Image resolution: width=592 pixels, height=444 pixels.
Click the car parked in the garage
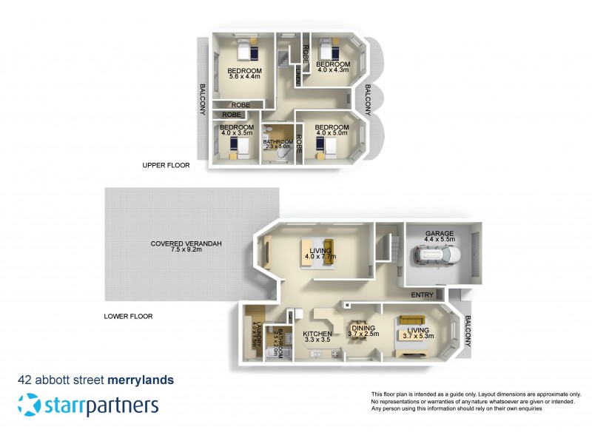click(437, 257)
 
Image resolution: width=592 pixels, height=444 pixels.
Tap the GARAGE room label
click(440, 234)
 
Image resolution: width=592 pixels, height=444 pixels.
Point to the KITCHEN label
click(317, 334)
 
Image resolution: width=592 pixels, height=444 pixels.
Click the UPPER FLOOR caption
click(166, 166)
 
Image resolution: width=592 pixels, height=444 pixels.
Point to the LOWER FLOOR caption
click(128, 316)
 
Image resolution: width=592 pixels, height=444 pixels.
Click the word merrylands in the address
click(141, 380)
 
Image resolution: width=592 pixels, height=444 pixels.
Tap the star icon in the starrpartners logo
click(29, 405)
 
